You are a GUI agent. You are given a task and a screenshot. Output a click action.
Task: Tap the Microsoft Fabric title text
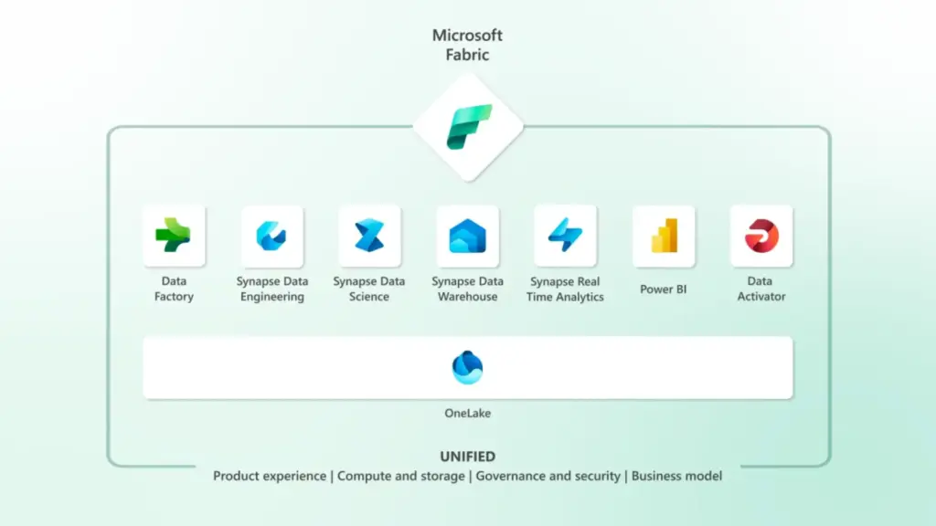[x=468, y=45]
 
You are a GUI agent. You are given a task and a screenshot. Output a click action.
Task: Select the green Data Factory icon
[x=174, y=236]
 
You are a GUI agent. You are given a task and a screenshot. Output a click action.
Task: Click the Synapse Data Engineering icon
[x=271, y=236]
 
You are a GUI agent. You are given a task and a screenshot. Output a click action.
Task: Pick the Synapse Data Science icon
[x=369, y=236]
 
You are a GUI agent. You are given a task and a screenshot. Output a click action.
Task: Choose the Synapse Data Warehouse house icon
[x=467, y=236]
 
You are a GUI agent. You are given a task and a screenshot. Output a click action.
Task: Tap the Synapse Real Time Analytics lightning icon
[x=565, y=236]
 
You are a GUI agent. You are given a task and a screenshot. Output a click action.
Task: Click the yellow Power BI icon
[x=664, y=236]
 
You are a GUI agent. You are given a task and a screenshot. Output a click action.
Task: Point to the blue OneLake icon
[x=468, y=367]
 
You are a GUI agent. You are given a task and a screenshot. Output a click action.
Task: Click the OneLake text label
[x=468, y=414]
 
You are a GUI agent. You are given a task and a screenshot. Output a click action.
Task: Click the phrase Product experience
[x=269, y=476]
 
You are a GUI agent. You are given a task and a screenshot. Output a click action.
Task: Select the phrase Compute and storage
[x=400, y=476]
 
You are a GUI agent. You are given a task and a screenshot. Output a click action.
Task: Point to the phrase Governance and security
[x=548, y=476]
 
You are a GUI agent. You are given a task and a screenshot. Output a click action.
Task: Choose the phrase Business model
[x=676, y=476]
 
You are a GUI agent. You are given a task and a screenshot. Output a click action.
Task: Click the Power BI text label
[x=664, y=289]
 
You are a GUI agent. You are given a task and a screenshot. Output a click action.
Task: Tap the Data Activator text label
[x=761, y=289]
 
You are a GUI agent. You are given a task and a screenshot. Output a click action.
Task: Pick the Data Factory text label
[x=174, y=289]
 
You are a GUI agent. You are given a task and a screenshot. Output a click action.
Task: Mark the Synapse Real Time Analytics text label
[x=565, y=289]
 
